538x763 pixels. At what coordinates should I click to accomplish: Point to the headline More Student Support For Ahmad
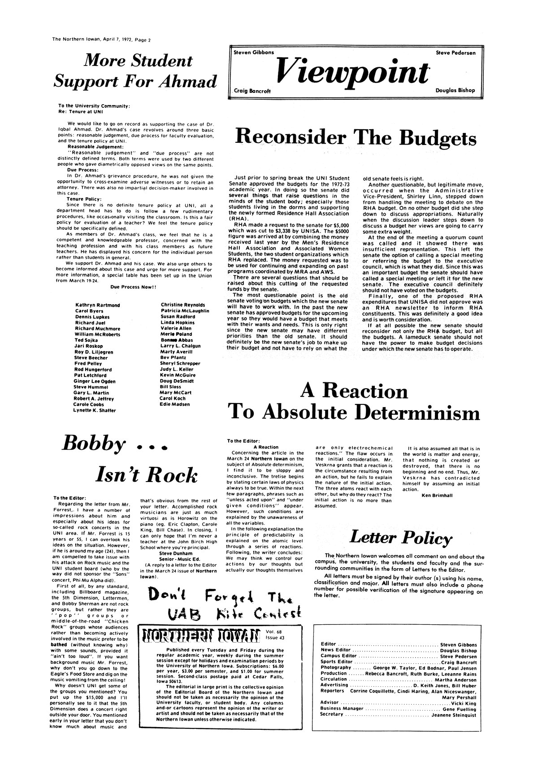click(x=134, y=71)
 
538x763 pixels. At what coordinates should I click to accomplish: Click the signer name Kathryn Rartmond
click(x=97, y=305)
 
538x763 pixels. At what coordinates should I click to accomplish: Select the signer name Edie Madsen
click(x=174, y=404)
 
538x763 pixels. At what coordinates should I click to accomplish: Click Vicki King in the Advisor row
click(x=466, y=704)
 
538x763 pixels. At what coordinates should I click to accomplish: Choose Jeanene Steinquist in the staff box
click(x=454, y=715)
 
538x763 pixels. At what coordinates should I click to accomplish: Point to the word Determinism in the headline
click(x=420, y=412)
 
